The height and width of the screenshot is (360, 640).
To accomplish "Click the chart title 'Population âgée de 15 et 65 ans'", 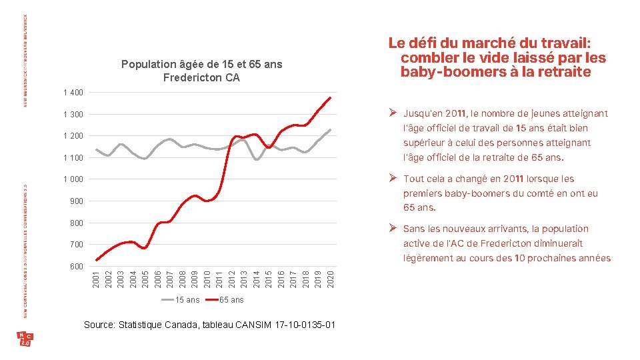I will point(201,65).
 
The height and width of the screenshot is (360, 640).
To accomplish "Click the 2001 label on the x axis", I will point(97,279).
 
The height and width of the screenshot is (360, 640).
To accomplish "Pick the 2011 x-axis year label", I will point(219,279).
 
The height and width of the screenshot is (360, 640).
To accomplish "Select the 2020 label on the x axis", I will point(329,279).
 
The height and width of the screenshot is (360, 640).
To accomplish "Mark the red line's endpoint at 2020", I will point(330,98).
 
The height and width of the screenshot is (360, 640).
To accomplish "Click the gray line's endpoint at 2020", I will point(330,130).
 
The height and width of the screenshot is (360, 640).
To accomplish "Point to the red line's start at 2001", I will point(97,260).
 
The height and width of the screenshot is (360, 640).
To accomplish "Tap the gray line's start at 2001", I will point(97,149).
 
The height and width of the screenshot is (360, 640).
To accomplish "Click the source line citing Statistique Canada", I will point(209,325).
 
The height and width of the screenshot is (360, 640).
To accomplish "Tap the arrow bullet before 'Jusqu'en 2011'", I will point(394,114).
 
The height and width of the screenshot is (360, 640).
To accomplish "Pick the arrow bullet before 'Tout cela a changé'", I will point(394,179).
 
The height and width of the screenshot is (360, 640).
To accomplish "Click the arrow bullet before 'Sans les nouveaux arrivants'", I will point(394,229).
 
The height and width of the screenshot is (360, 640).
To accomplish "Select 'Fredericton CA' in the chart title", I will point(201,78).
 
